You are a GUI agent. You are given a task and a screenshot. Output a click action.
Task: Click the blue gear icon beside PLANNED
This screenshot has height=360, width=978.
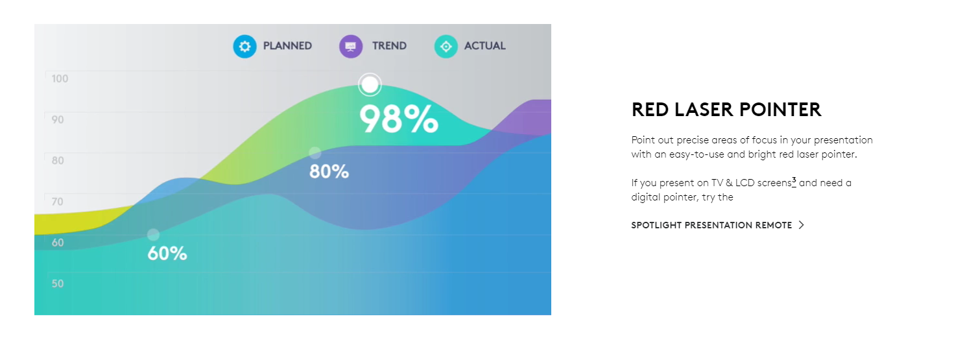tap(244, 46)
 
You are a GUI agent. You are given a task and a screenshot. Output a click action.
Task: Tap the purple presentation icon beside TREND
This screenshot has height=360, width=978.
tap(351, 46)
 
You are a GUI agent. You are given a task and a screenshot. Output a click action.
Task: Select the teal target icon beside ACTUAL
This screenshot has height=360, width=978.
tap(446, 46)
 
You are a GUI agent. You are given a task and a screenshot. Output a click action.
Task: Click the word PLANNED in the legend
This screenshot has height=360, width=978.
tap(287, 46)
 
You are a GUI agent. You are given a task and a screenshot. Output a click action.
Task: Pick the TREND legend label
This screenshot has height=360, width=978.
tap(389, 46)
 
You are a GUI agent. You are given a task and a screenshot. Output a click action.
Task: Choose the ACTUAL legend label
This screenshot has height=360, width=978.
tap(484, 46)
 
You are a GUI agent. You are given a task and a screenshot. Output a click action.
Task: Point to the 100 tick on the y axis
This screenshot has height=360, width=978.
tap(60, 78)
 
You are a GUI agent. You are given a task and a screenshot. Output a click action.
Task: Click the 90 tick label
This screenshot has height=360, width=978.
tap(58, 120)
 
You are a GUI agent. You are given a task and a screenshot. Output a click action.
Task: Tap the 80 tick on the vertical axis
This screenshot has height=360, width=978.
tap(58, 161)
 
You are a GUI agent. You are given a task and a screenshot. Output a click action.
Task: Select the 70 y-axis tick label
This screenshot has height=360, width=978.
tap(58, 202)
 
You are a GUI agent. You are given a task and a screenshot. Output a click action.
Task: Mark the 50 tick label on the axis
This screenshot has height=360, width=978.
tap(58, 283)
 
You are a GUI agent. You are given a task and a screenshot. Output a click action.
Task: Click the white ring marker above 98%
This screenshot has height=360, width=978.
tap(370, 75)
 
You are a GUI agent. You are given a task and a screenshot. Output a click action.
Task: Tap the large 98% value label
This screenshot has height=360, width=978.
tap(399, 119)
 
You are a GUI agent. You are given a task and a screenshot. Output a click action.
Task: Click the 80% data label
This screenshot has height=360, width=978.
tap(329, 172)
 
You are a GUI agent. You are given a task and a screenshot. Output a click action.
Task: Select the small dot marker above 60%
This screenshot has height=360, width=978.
tap(153, 235)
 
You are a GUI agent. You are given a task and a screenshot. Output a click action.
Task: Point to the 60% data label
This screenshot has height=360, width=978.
tap(167, 254)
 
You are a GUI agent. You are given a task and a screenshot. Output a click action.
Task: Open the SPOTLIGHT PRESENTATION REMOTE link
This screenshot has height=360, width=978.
tap(711, 225)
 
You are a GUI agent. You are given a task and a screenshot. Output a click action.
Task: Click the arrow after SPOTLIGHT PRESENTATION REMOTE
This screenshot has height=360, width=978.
tap(801, 225)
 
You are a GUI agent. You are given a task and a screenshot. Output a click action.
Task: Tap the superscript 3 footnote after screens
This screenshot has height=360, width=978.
tap(794, 180)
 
